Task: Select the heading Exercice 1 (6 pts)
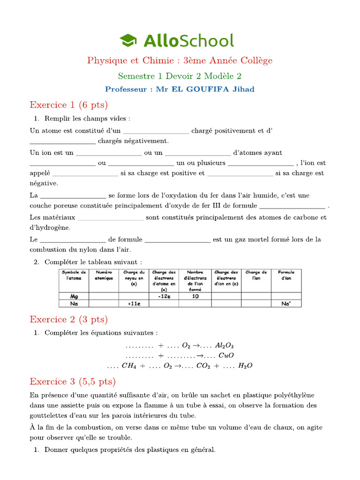tap(68, 104)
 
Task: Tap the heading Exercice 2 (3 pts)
tap(68, 319)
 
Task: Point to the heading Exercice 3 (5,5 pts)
tap(72, 381)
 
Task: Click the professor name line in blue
tap(180, 89)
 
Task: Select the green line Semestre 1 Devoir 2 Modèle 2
tap(180, 75)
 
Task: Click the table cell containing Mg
tap(74, 296)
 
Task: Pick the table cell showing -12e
tap(164, 296)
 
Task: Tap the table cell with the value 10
tap(195, 296)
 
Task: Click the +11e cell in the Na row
tap(134, 304)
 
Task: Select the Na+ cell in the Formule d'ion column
tap(286, 304)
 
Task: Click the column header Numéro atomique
tap(104, 275)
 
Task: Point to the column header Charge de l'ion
tap(256, 275)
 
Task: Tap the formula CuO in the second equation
tap(226, 355)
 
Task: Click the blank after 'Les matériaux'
tap(110, 218)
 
